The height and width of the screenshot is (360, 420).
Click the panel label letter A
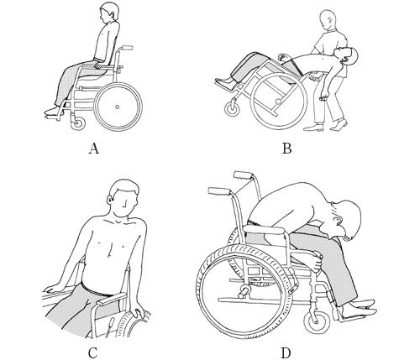(x=94, y=149)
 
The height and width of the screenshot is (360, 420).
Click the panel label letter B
(x=286, y=149)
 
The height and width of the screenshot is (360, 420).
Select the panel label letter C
(x=93, y=353)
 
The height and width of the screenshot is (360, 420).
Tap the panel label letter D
(x=286, y=353)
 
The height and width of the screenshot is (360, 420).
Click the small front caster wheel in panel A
(x=78, y=123)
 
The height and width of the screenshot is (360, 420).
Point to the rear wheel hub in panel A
(x=117, y=107)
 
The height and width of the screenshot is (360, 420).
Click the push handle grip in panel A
(x=127, y=48)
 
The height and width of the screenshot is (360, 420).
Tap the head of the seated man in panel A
(x=109, y=13)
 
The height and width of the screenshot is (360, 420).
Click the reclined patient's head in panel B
(x=349, y=55)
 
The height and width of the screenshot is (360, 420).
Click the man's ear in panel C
(x=110, y=199)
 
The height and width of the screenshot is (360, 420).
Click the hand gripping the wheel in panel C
(x=139, y=314)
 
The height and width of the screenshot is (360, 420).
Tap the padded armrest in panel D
(x=264, y=230)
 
